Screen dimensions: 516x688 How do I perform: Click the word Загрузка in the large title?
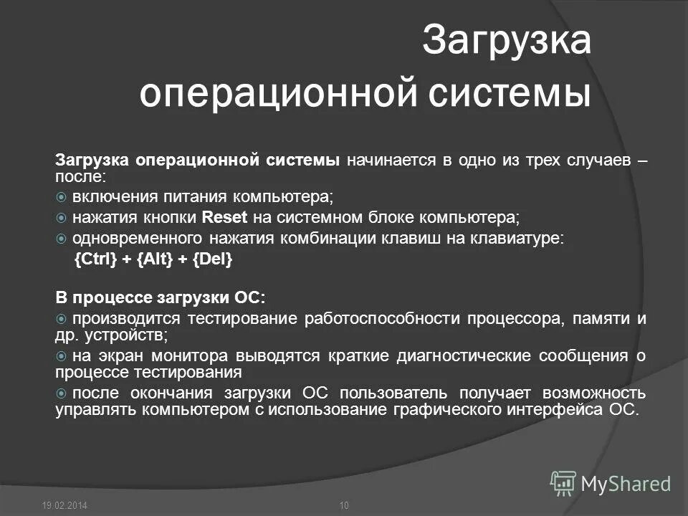506,41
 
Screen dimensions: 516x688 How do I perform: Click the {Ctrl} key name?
95,260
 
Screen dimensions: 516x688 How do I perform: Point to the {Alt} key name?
149,260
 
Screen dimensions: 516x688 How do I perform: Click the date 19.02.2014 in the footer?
64,506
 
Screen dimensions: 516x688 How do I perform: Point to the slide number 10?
343,506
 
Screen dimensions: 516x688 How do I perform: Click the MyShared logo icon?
563,482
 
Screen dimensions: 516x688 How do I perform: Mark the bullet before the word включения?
62,197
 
